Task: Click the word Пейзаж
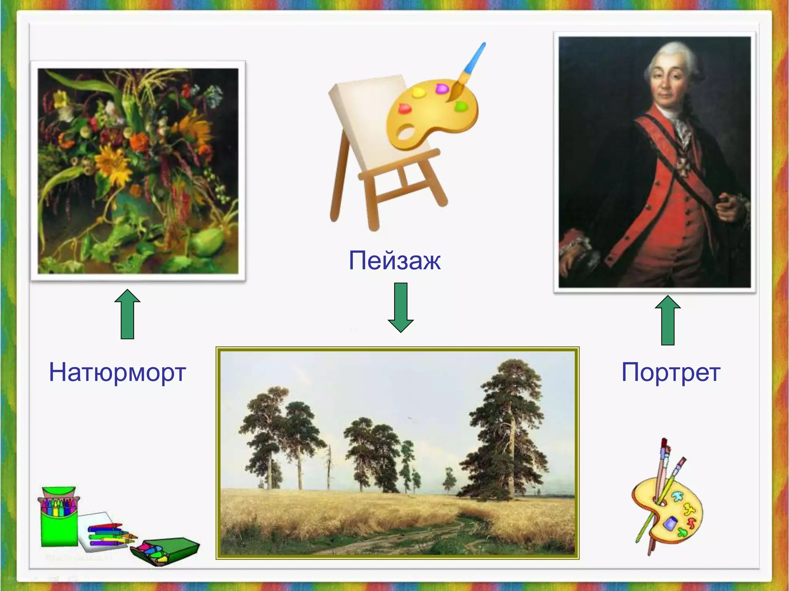tap(394, 261)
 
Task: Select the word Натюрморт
tap(118, 372)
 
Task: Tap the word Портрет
tap(671, 372)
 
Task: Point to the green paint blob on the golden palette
tap(461, 106)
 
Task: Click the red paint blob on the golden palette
tap(405, 109)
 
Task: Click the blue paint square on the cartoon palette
tap(671, 523)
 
